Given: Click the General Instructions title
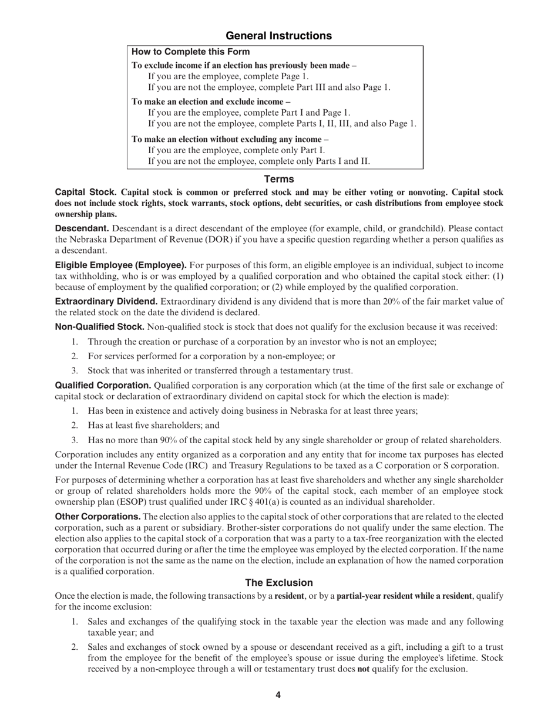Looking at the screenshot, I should (278, 36).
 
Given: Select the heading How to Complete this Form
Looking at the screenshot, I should (190, 52).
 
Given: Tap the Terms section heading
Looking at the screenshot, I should (278, 179).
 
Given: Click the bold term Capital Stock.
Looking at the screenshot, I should (86, 193).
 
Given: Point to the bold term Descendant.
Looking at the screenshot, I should (82, 228).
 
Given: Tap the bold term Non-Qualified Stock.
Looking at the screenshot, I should (99, 327).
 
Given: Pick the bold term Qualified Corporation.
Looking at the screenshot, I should (103, 386).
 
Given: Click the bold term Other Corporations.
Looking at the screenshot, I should (98, 517).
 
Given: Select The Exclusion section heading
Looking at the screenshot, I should (278, 583).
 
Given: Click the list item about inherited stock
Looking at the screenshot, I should (220, 370).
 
